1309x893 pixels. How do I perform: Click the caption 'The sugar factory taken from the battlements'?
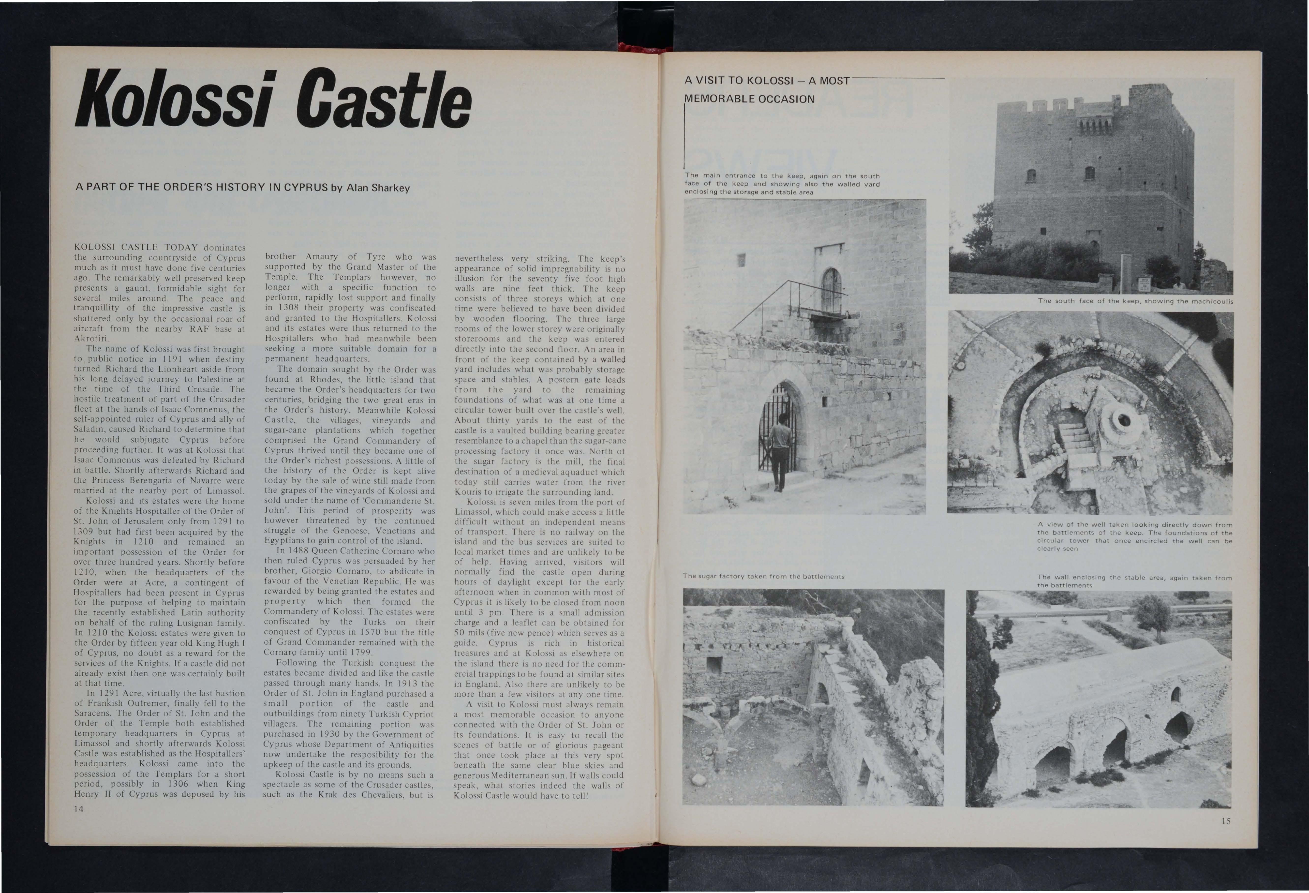tap(763, 576)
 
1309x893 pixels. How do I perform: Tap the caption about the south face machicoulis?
tap(1135, 301)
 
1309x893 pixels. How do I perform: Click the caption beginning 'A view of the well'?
tap(1134, 536)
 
